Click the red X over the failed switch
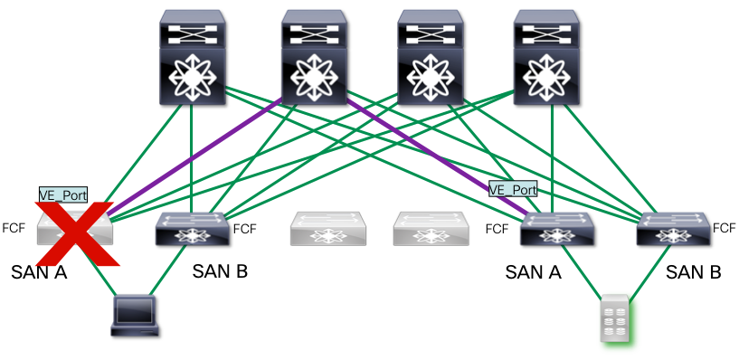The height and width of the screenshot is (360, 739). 75,233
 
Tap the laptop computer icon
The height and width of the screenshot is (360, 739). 135,316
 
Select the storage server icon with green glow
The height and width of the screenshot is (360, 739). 616,318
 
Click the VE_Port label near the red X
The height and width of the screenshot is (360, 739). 63,194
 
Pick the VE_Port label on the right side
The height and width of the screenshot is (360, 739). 513,189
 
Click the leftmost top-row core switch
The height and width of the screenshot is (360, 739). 193,57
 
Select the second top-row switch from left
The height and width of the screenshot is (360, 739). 315,57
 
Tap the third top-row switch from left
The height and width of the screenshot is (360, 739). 431,57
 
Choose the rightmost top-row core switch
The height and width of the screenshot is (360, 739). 546,57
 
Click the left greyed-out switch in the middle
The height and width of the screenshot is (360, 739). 328,229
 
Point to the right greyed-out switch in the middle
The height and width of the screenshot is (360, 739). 431,229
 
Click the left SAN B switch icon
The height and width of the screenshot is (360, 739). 194,229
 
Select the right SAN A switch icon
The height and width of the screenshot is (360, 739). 557,229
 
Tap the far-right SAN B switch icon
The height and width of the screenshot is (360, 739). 674,229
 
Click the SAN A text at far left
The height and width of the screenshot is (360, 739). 39,272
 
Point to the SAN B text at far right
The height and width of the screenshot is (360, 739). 693,272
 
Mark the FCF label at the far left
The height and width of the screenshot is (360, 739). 14,228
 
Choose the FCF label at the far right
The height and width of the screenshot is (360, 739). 725,228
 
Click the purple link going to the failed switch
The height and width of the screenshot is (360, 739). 194,156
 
